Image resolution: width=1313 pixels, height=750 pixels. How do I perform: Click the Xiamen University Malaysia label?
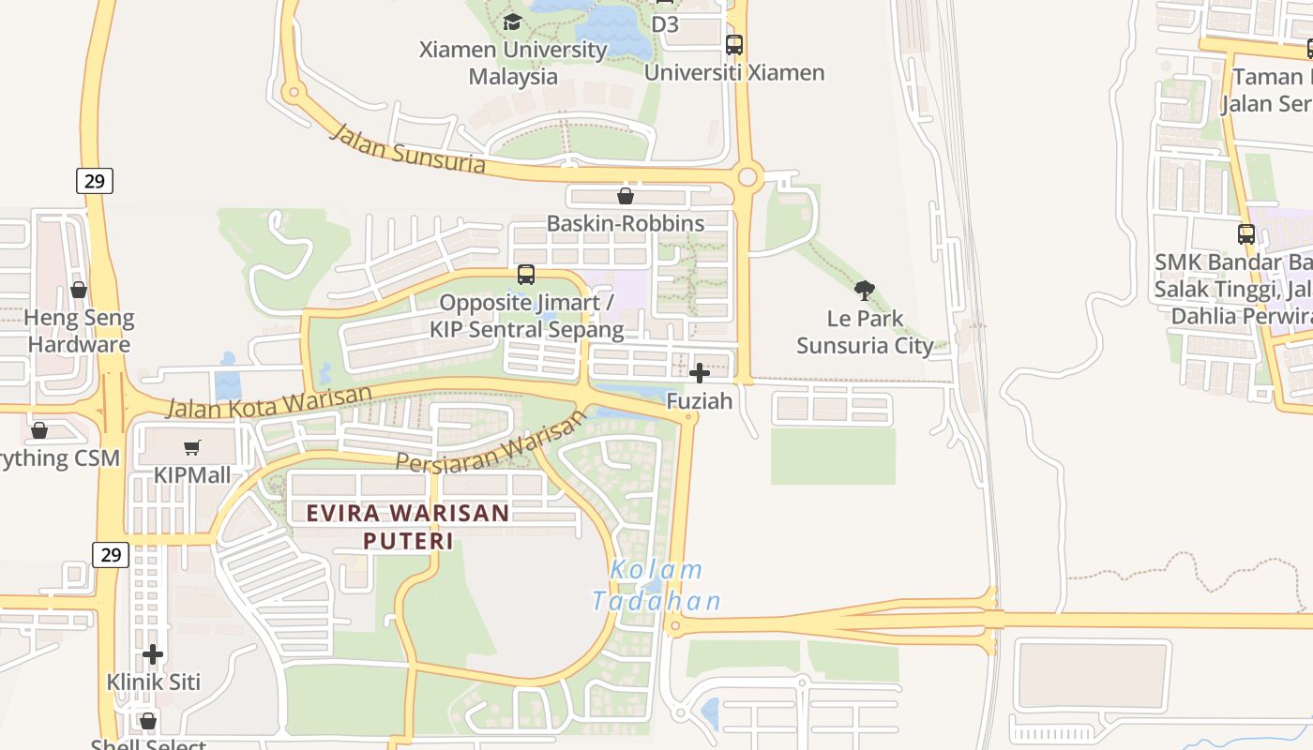click(513, 63)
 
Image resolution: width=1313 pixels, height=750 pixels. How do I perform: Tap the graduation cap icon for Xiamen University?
click(512, 22)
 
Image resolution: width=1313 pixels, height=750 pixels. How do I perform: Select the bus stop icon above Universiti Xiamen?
click(734, 44)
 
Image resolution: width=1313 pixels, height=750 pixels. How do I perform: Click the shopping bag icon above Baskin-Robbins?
click(626, 196)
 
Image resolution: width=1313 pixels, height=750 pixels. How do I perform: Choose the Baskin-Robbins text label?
click(626, 223)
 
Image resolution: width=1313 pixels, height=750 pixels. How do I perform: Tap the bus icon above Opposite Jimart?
click(526, 275)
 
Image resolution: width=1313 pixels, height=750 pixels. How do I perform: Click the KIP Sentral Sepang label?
click(526, 329)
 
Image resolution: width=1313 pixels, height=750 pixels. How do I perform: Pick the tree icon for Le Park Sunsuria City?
click(865, 291)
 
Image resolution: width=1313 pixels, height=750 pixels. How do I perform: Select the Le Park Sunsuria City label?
click(865, 332)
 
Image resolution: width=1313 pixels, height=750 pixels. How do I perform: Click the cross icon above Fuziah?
click(700, 373)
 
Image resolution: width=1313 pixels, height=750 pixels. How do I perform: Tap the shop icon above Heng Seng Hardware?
click(79, 291)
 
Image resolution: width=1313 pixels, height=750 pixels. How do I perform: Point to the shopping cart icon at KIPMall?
click(192, 448)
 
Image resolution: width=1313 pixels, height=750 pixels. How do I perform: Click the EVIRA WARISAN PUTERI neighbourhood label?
click(408, 527)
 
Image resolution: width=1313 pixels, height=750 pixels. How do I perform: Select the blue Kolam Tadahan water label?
click(656, 585)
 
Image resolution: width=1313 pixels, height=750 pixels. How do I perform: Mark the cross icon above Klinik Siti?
click(153, 653)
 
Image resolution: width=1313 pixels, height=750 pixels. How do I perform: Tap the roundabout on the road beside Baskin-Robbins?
click(747, 176)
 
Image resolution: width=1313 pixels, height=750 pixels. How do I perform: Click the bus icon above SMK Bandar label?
click(1246, 234)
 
